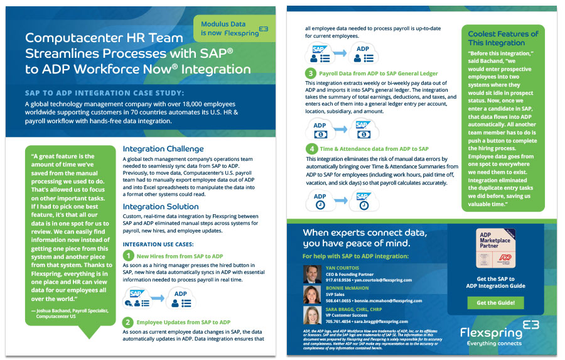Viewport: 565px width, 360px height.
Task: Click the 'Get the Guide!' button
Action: point(495,303)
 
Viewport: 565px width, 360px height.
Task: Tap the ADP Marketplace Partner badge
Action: point(495,248)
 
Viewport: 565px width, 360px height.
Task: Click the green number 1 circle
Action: point(128,256)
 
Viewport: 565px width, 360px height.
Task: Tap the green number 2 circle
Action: point(128,322)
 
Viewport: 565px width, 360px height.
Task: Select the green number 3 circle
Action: point(311,73)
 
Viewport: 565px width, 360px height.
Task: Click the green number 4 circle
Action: point(311,148)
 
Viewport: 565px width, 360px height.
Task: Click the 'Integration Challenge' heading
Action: point(163,149)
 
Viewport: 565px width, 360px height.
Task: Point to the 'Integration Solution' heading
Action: point(161,206)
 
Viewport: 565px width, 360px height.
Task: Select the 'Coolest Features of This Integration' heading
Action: point(503,38)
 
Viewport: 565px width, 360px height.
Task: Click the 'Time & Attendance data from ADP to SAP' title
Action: point(374,149)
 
